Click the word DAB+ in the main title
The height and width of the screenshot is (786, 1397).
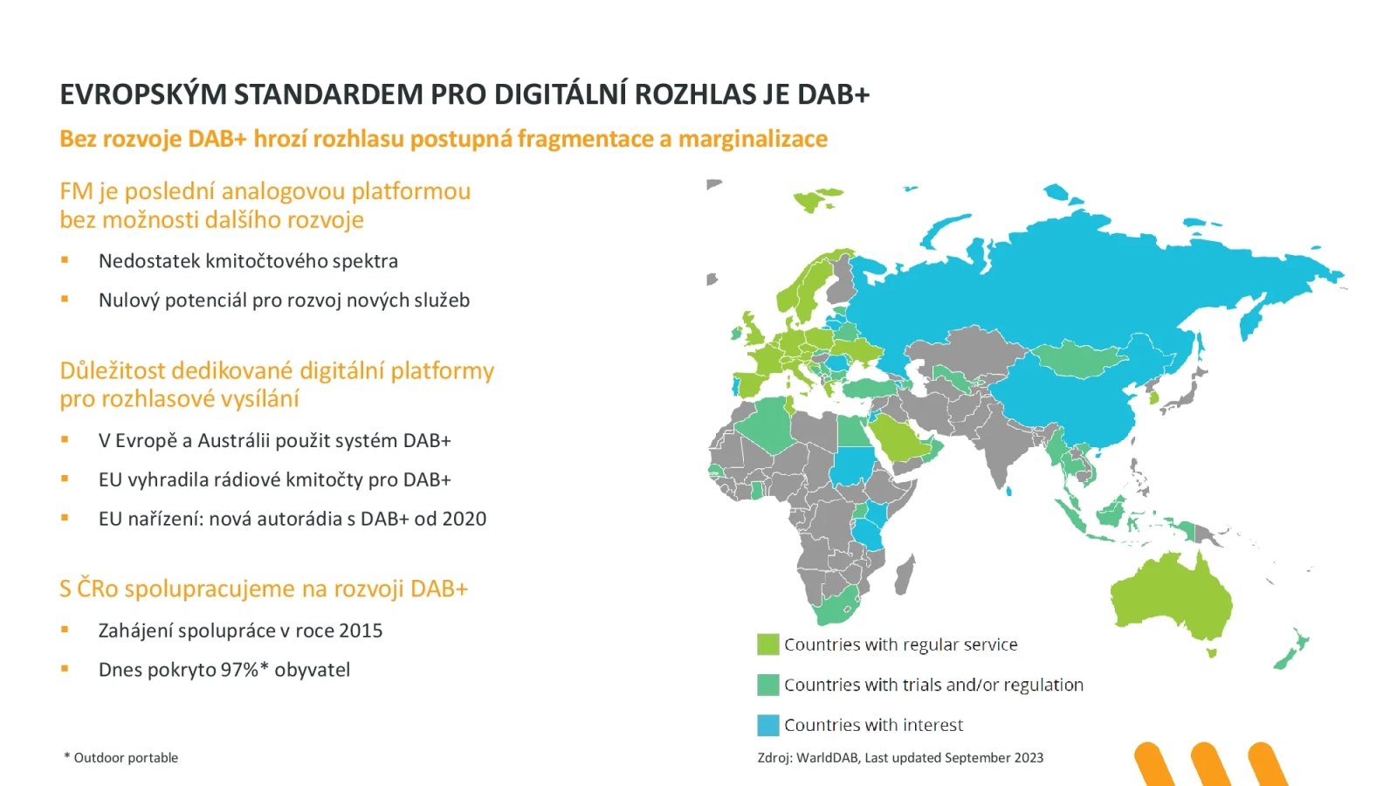pyautogui.click(x=833, y=94)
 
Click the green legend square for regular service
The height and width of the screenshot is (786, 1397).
pyautogui.click(x=767, y=645)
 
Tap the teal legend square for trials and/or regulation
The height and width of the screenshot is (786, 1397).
pyautogui.click(x=767, y=685)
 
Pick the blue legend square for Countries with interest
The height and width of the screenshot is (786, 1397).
pyautogui.click(x=767, y=725)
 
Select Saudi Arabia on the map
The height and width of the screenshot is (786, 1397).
pyautogui.click(x=899, y=437)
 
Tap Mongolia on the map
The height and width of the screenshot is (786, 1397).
pyautogui.click(x=1078, y=357)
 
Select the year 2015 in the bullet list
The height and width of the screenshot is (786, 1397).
pyautogui.click(x=360, y=631)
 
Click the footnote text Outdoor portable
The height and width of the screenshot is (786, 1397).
pyautogui.click(x=126, y=758)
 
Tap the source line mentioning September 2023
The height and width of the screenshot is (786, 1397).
pyautogui.click(x=900, y=758)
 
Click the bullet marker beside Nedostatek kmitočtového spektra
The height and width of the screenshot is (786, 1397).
pyautogui.click(x=65, y=260)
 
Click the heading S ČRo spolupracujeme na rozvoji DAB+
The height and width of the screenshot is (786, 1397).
pyautogui.click(x=264, y=589)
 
